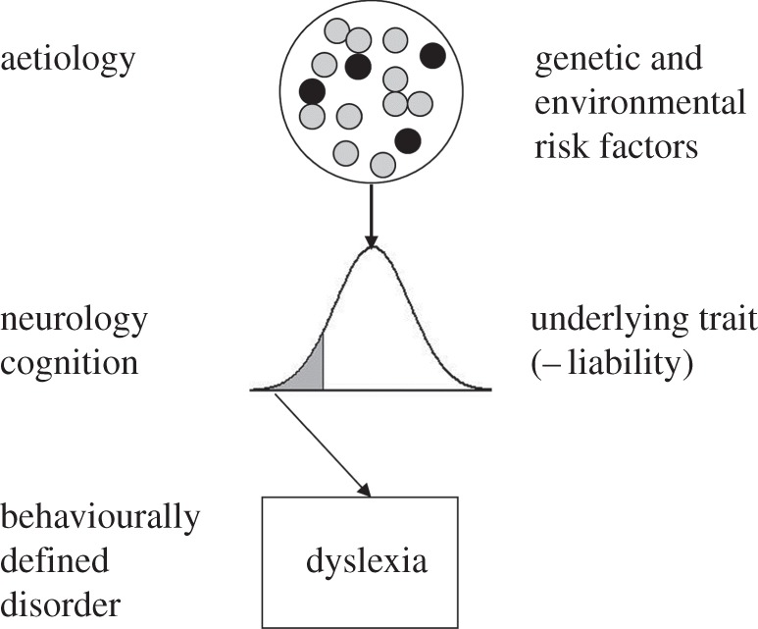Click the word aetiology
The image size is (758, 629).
(x=67, y=60)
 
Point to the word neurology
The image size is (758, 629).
(x=75, y=321)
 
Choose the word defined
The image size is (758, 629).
(x=55, y=562)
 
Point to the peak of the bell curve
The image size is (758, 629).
(x=371, y=247)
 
